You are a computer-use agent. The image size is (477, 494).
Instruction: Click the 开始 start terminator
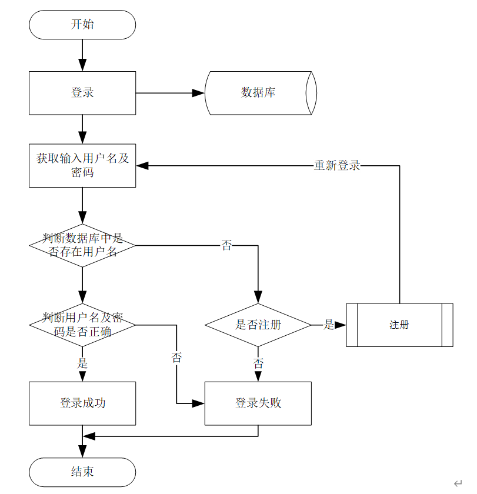pyautogui.click(x=82, y=25)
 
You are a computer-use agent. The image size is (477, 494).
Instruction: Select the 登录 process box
pyautogui.click(x=82, y=93)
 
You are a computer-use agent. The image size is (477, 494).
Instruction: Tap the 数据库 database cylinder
pyautogui.click(x=259, y=93)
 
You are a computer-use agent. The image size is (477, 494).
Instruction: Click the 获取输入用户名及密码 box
pyautogui.click(x=82, y=165)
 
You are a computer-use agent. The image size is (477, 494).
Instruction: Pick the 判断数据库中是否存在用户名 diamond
pyautogui.click(x=82, y=245)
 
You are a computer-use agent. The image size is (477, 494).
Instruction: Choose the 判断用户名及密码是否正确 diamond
pyautogui.click(x=82, y=325)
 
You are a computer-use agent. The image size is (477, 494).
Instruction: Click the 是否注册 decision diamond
pyautogui.click(x=258, y=325)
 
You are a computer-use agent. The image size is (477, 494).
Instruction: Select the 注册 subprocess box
pyautogui.click(x=399, y=325)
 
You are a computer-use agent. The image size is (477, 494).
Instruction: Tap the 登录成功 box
pyautogui.click(x=82, y=403)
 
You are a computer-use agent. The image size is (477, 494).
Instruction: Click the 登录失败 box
pyautogui.click(x=258, y=403)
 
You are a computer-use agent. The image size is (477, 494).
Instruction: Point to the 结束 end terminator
pyautogui.click(x=82, y=472)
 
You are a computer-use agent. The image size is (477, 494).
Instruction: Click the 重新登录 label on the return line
pyautogui.click(x=336, y=166)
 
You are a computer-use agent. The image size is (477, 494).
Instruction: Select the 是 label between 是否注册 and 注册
pyautogui.click(x=329, y=325)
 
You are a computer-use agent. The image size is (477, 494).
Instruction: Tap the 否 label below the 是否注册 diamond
pyautogui.click(x=258, y=363)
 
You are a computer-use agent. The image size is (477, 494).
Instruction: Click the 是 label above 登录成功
pyautogui.click(x=82, y=363)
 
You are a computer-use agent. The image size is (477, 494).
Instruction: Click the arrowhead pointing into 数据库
pyautogui.click(x=199, y=93)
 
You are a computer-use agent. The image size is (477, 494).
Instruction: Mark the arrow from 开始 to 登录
pyautogui.click(x=82, y=56)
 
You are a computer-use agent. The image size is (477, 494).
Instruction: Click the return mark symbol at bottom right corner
pyautogui.click(x=458, y=483)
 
